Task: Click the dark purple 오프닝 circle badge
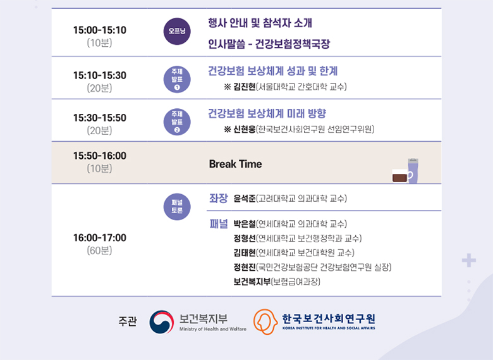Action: [177, 31]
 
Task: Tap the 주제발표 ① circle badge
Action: [177, 79]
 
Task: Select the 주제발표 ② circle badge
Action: [177, 121]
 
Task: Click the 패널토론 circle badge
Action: [177, 206]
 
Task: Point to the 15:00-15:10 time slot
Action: [100, 30]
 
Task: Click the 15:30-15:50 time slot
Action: [100, 118]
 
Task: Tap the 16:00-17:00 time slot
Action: [100, 238]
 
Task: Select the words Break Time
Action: [235, 164]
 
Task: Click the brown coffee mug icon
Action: [402, 176]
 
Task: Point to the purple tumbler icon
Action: [413, 171]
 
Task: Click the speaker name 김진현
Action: [245, 87]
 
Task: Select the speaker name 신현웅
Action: [245, 129]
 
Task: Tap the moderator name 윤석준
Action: [245, 199]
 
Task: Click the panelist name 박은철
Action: [245, 224]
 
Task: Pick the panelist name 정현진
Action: [245, 268]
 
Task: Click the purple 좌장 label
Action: [219, 198]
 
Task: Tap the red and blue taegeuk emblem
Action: [162, 322]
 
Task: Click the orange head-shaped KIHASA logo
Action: [265, 321]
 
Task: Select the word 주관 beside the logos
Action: [128, 321]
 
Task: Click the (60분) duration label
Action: [99, 251]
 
